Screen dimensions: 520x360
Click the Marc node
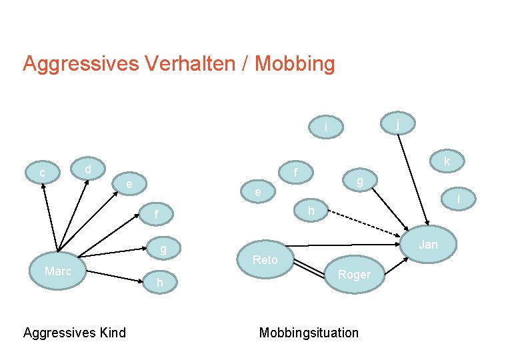click(x=58, y=271)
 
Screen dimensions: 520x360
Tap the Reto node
click(x=265, y=259)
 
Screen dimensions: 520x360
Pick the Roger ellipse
click(x=354, y=274)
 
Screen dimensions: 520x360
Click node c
click(x=43, y=173)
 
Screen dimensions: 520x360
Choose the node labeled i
click(x=327, y=127)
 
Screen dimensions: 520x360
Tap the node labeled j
click(x=397, y=123)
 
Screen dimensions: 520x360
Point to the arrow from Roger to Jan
click(x=397, y=264)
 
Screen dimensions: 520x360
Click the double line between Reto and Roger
click(x=310, y=268)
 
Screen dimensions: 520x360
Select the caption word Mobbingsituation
click(x=309, y=333)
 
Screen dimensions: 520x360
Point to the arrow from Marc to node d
click(x=73, y=213)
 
